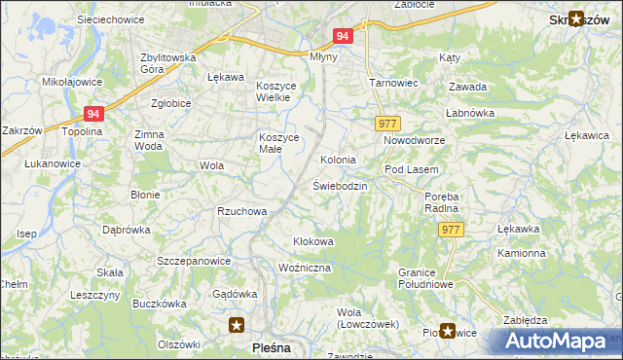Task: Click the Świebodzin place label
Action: pos(340,185)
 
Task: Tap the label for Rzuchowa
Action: pos(241,211)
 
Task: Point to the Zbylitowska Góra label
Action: pos(168,63)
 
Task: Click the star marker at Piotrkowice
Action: pos(448,331)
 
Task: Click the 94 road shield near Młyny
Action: pos(341,36)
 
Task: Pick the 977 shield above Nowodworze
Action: pos(386,124)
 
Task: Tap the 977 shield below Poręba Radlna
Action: pos(450,229)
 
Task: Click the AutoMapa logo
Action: pos(560,341)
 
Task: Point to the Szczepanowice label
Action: pos(194,261)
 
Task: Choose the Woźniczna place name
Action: pos(305,267)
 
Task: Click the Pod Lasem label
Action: pos(406,169)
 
